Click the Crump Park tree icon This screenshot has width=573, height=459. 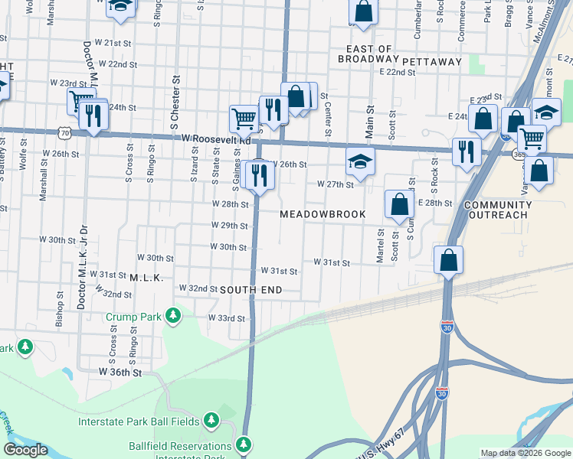pyautogui.click(x=175, y=314)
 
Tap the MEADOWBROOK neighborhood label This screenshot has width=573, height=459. pyautogui.click(x=322, y=214)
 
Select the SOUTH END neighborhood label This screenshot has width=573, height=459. pyautogui.click(x=251, y=290)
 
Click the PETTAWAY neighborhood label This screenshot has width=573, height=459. pyautogui.click(x=432, y=60)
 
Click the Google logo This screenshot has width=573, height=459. pyautogui.click(x=26, y=449)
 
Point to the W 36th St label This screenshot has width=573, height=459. pyautogui.click(x=120, y=372)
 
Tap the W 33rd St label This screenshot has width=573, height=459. pyautogui.click(x=227, y=318)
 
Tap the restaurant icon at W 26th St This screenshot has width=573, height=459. pyautogui.click(x=260, y=176)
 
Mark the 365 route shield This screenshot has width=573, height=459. pyautogui.click(x=519, y=154)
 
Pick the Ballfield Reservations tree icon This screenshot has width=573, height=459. pyautogui.click(x=244, y=444)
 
